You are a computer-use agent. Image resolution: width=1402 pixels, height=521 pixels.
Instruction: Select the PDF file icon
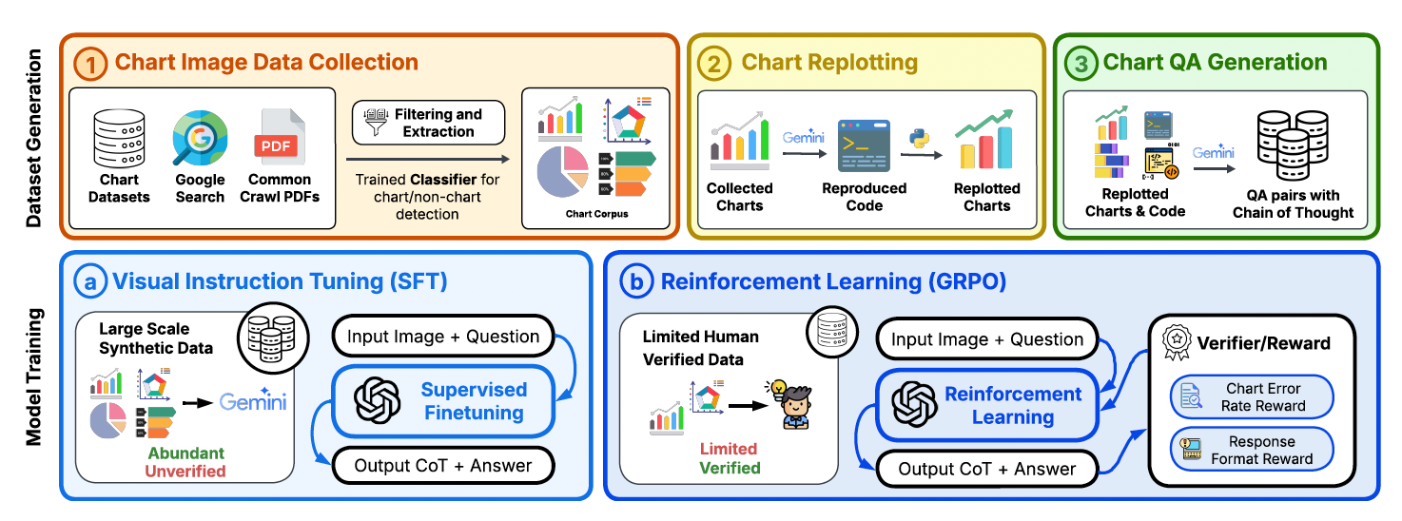pos(279,139)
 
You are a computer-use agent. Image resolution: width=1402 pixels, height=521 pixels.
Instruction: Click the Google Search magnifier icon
pos(200,139)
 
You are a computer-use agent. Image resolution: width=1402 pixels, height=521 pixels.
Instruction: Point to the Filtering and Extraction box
pos(428,123)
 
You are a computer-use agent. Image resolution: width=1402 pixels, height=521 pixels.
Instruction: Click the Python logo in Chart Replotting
pos(918,138)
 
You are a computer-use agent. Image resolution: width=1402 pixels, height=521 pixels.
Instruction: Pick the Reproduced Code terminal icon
pos(864,145)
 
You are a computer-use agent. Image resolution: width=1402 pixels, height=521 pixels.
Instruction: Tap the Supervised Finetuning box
pos(442,401)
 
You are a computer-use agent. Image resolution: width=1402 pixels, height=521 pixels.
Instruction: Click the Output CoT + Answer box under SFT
pos(442,466)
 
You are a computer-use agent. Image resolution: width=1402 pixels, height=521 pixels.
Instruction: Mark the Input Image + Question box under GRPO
pos(986,339)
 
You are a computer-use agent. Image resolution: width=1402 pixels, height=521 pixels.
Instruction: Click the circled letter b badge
pos(635,281)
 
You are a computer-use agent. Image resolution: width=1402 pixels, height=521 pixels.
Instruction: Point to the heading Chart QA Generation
pos(1215,63)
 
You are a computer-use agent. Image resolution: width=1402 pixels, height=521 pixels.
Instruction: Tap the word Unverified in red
pos(185,471)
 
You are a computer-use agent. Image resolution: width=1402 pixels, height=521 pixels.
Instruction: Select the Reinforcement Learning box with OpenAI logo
pos(986,405)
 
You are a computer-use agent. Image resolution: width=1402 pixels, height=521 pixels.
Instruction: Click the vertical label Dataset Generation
pos(34,139)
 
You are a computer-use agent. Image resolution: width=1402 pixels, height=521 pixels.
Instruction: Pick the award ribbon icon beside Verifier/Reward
pos(1176,340)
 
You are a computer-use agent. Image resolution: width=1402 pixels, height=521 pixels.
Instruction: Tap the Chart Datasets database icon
pos(120,139)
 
